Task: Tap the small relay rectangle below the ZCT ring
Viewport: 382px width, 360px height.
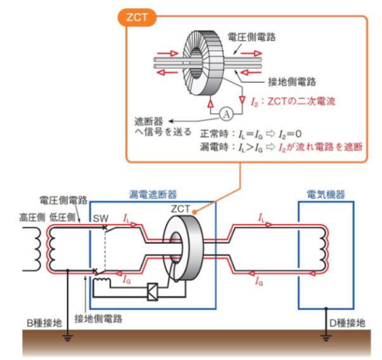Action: click(151, 293)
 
